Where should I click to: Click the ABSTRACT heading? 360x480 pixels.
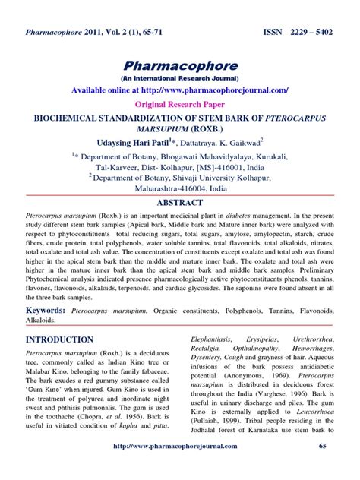[180, 204]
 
